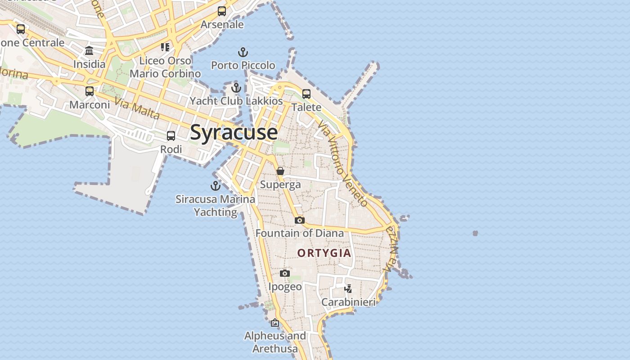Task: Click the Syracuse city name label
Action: (234, 132)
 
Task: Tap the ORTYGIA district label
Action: (324, 253)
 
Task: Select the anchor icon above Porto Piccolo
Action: (243, 52)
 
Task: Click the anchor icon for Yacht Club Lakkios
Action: (236, 88)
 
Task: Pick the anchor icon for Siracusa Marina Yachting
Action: (216, 185)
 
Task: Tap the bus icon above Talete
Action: (306, 94)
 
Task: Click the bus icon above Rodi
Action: (171, 136)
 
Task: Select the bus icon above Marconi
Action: (90, 91)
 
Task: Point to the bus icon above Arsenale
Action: (222, 11)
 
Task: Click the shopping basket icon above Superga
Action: (280, 171)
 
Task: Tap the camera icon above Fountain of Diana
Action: (300, 220)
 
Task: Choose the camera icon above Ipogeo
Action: (285, 273)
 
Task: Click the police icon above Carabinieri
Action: (348, 288)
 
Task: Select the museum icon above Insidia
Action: (89, 50)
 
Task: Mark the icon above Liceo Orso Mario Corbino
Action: (165, 47)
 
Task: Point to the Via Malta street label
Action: (137, 108)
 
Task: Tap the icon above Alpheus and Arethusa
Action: (275, 323)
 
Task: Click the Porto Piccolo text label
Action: (243, 66)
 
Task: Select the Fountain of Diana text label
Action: (300, 233)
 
